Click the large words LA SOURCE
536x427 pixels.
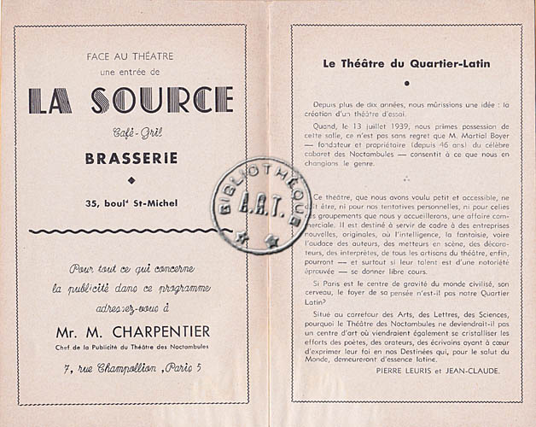click(x=131, y=102)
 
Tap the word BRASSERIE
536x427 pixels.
click(x=131, y=158)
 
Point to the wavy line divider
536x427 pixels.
click(x=131, y=231)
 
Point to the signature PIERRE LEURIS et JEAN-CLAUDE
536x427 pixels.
click(x=438, y=371)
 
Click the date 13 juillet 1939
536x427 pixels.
click(x=362, y=123)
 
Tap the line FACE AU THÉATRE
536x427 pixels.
click(x=130, y=56)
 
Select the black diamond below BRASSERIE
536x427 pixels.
click(x=131, y=179)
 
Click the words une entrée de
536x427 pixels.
click(x=130, y=71)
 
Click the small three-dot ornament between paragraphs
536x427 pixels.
click(x=406, y=179)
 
